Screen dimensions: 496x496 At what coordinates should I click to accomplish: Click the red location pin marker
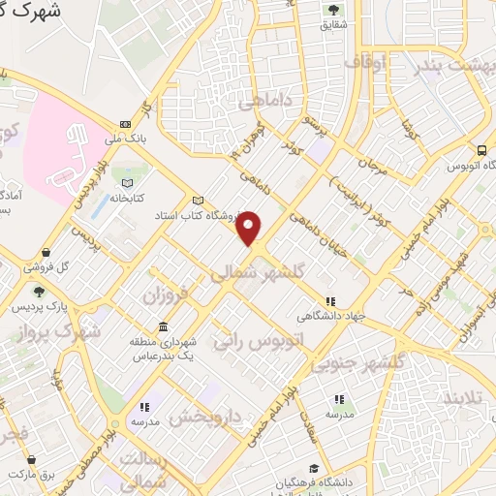coord(250,227)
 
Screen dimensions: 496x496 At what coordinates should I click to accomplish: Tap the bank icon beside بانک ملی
coord(125,124)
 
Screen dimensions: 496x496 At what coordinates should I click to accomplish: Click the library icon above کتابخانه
coord(124,181)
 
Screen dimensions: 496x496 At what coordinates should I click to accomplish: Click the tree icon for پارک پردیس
coord(39,291)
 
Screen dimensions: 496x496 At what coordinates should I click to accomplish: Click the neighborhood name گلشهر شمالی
coord(257,274)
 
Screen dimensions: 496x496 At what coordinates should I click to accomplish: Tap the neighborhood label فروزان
coord(164,293)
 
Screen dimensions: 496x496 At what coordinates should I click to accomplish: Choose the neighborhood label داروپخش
coord(204,417)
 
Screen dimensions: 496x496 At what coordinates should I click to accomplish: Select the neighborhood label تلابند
coord(460,398)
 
